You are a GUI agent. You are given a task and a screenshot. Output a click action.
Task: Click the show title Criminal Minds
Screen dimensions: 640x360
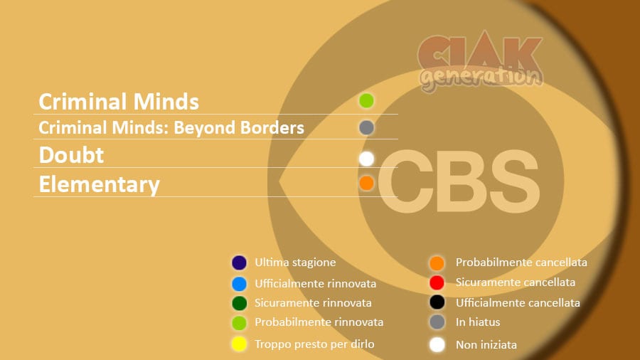[119, 101]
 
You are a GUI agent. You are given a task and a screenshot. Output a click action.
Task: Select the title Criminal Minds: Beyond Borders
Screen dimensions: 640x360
[171, 127]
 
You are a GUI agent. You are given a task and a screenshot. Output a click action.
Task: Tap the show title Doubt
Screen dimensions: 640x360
[71, 155]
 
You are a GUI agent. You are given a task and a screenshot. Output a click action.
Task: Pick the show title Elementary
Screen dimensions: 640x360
[99, 184]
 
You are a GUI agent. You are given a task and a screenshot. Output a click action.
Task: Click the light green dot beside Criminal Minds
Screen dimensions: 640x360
[366, 100]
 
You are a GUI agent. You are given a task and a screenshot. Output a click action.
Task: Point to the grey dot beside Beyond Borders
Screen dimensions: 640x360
[366, 128]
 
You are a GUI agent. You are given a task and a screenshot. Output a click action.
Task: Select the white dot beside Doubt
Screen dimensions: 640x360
[366, 159]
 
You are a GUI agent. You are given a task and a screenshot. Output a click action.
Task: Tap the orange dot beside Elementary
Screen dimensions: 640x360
[366, 183]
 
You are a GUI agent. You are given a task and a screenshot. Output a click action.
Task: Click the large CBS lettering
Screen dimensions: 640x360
[459, 181]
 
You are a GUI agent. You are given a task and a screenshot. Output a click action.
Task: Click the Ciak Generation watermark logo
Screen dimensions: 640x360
[481, 61]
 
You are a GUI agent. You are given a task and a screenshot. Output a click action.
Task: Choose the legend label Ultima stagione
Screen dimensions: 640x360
[295, 262]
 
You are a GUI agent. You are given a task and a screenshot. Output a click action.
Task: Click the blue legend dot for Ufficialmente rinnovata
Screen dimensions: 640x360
[239, 284]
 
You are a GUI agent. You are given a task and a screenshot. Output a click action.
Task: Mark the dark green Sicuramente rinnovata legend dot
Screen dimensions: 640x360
[239, 303]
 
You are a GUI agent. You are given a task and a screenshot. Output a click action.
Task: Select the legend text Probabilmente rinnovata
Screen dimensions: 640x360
[319, 322]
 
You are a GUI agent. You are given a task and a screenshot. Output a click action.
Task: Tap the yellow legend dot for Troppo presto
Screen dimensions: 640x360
[239, 344]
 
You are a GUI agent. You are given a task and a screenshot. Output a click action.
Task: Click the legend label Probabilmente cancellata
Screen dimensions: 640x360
[521, 262]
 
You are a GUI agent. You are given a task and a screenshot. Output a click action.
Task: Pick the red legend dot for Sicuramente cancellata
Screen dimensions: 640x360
[437, 282]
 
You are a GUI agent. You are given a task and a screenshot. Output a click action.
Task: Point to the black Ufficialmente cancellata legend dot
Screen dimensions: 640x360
[437, 302]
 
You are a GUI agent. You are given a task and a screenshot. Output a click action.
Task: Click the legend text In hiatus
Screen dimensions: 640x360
[478, 322]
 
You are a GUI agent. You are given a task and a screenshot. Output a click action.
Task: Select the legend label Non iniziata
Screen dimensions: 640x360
[486, 344]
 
